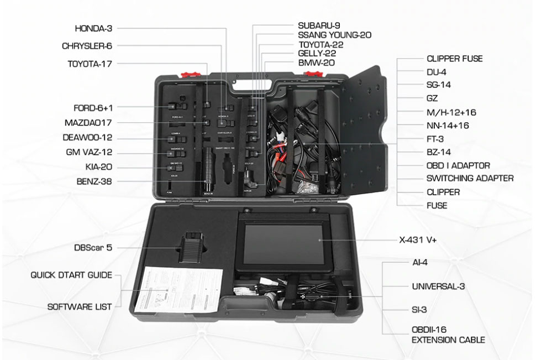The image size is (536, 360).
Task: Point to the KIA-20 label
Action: coord(97,166)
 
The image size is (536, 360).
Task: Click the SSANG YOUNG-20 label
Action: coord(334,35)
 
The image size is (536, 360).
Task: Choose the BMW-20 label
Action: coord(316,62)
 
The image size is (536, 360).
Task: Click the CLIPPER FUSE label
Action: coord(454,59)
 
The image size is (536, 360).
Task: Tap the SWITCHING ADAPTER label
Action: coord(470,179)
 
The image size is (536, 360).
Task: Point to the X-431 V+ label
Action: coord(422,241)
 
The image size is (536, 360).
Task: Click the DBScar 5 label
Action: coord(93,248)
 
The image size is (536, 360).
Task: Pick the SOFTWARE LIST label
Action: coord(80,306)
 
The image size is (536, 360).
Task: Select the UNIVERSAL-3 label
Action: coord(438,286)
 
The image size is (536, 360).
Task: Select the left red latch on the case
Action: coord(188,72)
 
